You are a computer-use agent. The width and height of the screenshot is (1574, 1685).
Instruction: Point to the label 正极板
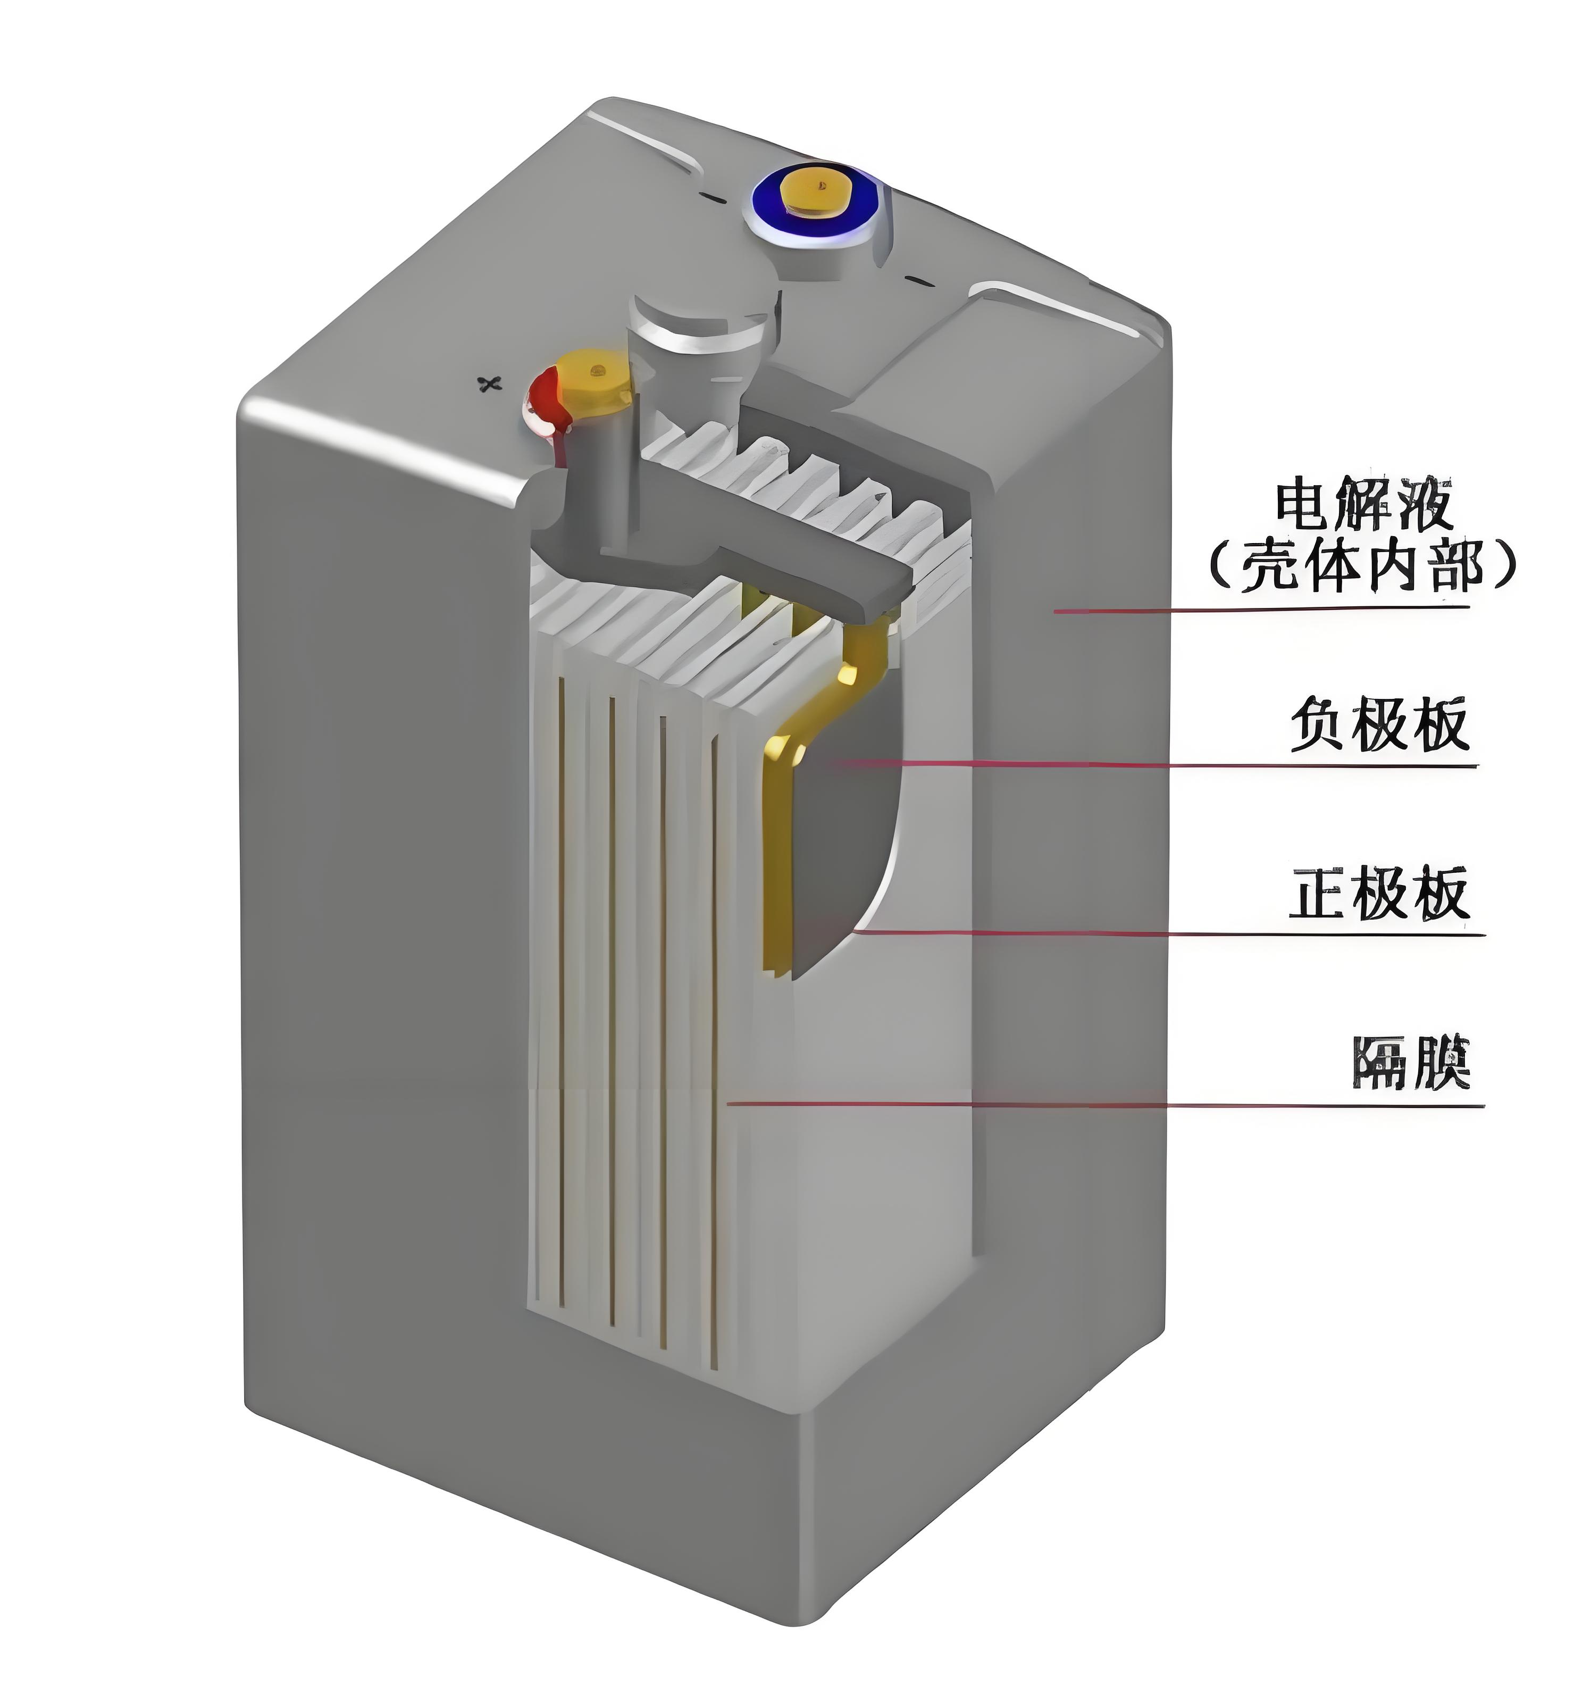coord(1379,894)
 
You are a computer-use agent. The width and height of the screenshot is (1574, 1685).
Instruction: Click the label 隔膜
coord(1410,1063)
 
